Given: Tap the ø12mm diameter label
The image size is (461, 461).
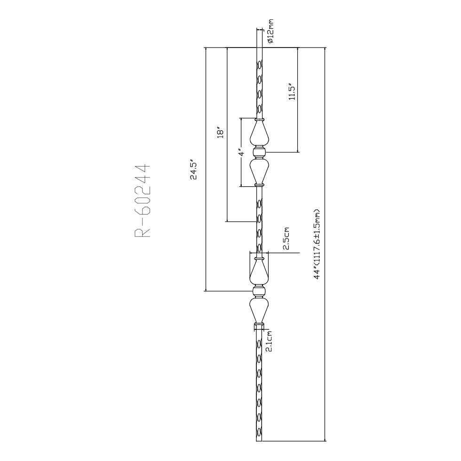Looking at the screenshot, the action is click(x=271, y=31).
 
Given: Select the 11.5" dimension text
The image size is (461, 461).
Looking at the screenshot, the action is click(x=292, y=91).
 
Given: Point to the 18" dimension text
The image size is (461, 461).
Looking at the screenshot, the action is click(x=220, y=133).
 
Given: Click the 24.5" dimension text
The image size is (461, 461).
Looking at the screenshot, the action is click(x=193, y=170).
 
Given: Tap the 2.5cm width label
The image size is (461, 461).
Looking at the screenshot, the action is click(x=286, y=238).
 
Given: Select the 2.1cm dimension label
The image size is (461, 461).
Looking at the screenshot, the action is click(x=269, y=341).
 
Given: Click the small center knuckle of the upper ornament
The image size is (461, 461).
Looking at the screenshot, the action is click(x=259, y=152).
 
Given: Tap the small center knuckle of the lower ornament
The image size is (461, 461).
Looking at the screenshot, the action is click(x=259, y=292).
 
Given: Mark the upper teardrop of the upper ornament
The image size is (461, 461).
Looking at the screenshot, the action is click(x=259, y=134).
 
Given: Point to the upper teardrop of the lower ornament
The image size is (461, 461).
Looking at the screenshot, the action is click(x=259, y=272).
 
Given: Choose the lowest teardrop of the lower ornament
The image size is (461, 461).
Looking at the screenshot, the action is click(x=259, y=310).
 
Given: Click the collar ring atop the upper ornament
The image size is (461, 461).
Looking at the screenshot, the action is click(x=259, y=119).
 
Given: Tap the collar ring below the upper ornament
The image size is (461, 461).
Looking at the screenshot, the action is click(x=259, y=184).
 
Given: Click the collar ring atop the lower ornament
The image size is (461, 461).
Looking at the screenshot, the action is click(x=259, y=259).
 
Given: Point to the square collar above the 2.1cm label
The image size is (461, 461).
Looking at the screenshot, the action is click(x=259, y=326).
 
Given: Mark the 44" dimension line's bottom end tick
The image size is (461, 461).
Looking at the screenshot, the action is click(x=325, y=441).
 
